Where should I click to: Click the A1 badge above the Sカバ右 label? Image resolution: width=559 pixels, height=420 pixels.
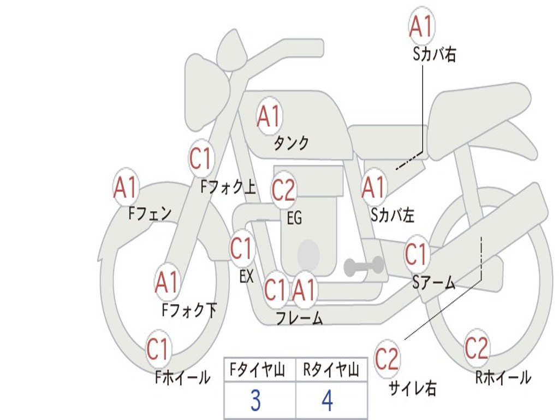click(422, 26)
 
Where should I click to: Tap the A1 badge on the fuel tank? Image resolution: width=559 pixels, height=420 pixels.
click(269, 116)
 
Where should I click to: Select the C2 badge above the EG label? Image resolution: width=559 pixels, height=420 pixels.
click(283, 190)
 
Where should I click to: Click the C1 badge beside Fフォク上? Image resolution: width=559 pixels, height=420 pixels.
click(201, 158)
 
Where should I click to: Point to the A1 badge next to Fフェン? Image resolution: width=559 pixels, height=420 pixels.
click(125, 188)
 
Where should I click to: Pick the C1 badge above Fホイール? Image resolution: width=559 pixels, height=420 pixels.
click(158, 349)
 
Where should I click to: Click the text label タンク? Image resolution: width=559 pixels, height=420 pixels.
click(291, 143)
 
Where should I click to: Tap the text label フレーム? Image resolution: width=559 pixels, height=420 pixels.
click(300, 318)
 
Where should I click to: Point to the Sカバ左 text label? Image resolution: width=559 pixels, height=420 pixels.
click(393, 214)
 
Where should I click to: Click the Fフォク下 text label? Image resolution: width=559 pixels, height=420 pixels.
click(189, 310)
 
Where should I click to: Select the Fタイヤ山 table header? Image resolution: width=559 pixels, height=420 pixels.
click(257, 370)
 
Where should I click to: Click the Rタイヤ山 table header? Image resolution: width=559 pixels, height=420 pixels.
click(331, 370)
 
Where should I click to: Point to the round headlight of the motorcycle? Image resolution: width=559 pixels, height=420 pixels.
click(207, 94)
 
